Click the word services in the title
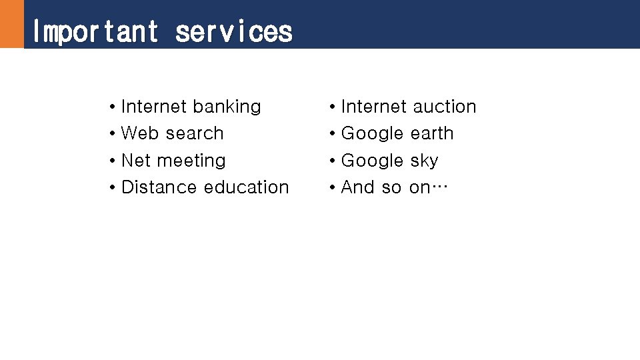(233, 31)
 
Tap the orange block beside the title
(11, 24)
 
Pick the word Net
(136, 161)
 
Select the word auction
(444, 107)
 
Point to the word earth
(432, 133)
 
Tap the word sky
(424, 161)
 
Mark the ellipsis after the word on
(441, 189)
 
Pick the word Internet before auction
(373, 107)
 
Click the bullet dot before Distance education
(113, 188)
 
